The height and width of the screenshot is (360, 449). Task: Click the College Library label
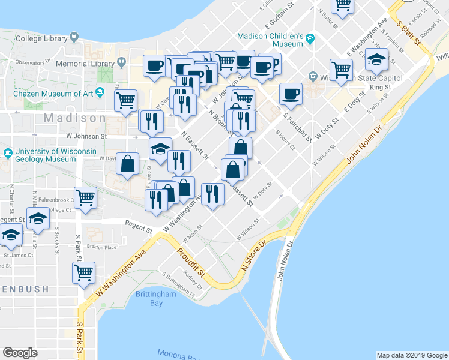(41, 38)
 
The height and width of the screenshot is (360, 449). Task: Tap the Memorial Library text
(85, 63)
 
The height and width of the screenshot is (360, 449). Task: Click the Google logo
(20, 353)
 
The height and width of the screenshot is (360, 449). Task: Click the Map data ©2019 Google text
(411, 355)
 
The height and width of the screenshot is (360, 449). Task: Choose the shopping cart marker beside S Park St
(84, 273)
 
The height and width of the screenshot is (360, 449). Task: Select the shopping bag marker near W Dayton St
(128, 164)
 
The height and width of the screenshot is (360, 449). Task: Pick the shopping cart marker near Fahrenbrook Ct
(86, 196)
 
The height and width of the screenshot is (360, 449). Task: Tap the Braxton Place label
(100, 245)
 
